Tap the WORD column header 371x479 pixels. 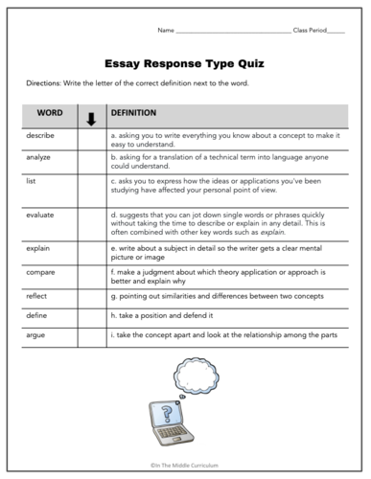pos(50,113)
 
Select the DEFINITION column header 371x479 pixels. pos(133,113)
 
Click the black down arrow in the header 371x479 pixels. pos(91,119)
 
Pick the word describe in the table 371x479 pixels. pos(41,136)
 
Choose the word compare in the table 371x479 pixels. pos(41,275)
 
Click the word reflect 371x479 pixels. pos(37,297)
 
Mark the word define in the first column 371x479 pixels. pos(37,315)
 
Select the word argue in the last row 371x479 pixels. pos(36,334)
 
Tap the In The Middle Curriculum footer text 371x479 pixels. pos(185,465)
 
